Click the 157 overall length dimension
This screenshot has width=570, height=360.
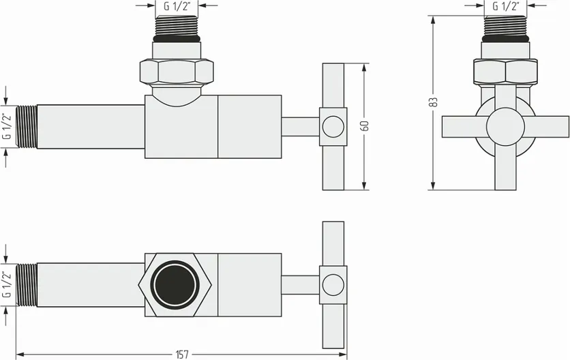tap(182, 353)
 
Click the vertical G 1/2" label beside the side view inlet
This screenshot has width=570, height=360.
tap(6, 127)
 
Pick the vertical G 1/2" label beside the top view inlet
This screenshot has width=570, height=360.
tap(6, 285)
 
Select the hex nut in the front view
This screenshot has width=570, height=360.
tap(505, 70)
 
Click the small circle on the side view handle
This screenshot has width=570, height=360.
tap(333, 127)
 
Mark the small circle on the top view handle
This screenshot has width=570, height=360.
tap(333, 285)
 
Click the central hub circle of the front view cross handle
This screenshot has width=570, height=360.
tap(505, 127)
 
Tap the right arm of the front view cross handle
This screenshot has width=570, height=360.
tap(547, 127)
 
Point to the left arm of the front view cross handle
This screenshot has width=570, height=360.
tap(463, 127)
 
